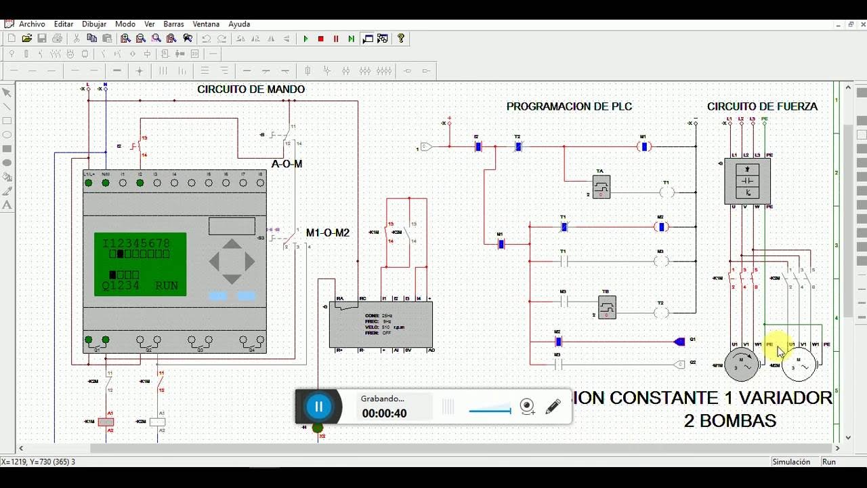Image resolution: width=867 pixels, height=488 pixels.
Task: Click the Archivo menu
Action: (32, 24)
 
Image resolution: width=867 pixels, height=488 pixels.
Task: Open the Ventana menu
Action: (206, 24)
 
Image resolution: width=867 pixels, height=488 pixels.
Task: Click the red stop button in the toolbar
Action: (321, 39)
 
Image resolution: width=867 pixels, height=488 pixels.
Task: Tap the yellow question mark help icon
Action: (401, 39)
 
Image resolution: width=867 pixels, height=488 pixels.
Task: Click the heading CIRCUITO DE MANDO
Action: (251, 89)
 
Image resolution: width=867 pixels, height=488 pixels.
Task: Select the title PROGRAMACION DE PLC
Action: (569, 106)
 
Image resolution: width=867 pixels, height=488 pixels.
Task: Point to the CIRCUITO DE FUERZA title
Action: (762, 106)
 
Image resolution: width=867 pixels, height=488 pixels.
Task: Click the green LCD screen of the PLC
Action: (140, 264)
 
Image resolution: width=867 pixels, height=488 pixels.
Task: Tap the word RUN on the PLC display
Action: (167, 286)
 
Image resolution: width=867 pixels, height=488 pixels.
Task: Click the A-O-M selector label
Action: (287, 164)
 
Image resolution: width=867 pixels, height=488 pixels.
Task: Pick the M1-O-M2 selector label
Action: (328, 233)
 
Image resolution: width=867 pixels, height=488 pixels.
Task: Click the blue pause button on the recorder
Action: (318, 407)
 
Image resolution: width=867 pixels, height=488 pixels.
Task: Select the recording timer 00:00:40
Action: (384, 413)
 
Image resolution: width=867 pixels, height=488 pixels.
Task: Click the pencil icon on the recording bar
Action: (553, 407)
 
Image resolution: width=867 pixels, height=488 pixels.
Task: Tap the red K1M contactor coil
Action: (106, 422)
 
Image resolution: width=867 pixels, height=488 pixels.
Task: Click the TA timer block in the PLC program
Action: (601, 186)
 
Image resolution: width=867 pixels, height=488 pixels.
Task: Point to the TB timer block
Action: (606, 307)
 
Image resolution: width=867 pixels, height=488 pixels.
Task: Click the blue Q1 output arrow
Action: (679, 342)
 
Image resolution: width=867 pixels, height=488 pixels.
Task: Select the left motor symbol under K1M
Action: (742, 365)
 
